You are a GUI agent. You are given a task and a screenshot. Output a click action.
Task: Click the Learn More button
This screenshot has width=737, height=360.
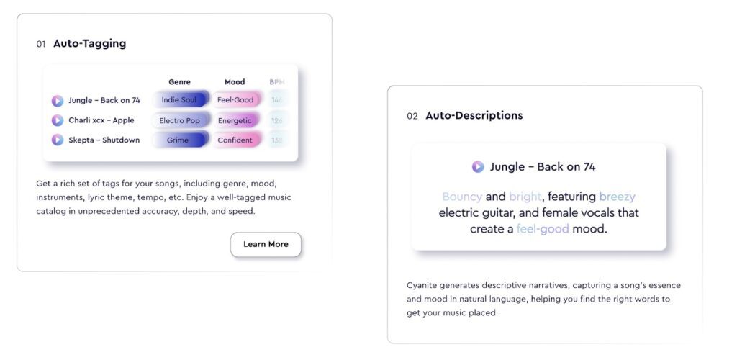pos(266,244)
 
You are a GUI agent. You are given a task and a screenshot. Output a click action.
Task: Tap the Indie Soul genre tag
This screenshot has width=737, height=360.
pos(179,100)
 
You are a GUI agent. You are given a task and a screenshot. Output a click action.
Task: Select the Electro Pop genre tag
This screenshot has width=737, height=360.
pos(179,120)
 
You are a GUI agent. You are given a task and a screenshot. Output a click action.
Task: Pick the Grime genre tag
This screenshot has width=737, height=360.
pos(178,140)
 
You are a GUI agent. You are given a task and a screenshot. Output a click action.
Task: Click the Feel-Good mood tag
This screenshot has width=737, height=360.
pos(235,100)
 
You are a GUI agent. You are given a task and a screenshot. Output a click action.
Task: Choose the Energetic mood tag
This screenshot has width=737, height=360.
pos(235,120)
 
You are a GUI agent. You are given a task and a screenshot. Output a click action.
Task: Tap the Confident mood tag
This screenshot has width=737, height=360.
pos(235,140)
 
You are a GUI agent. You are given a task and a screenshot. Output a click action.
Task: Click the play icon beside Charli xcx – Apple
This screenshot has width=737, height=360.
pos(58,120)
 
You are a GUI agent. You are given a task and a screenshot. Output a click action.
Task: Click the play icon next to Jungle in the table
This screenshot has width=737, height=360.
pos(58,101)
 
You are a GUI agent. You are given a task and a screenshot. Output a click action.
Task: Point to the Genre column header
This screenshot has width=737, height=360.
pos(179,82)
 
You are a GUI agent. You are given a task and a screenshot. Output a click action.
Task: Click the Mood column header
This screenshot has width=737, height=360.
pos(235,82)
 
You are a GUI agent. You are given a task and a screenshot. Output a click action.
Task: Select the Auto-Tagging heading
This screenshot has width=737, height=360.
pos(89,43)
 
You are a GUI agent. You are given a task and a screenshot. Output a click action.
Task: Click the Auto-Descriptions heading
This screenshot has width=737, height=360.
pos(474,115)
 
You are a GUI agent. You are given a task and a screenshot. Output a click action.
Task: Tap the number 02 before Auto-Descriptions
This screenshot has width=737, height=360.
pos(412,116)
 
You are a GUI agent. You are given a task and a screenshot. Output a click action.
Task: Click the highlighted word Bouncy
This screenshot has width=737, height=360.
pos(462,197)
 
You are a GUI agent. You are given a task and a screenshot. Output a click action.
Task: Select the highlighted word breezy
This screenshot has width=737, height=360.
pos(617,197)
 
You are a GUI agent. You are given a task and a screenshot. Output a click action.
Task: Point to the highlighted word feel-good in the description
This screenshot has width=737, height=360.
pos(543,229)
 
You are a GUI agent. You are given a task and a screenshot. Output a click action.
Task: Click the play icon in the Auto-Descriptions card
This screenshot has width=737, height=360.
pos(478,167)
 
